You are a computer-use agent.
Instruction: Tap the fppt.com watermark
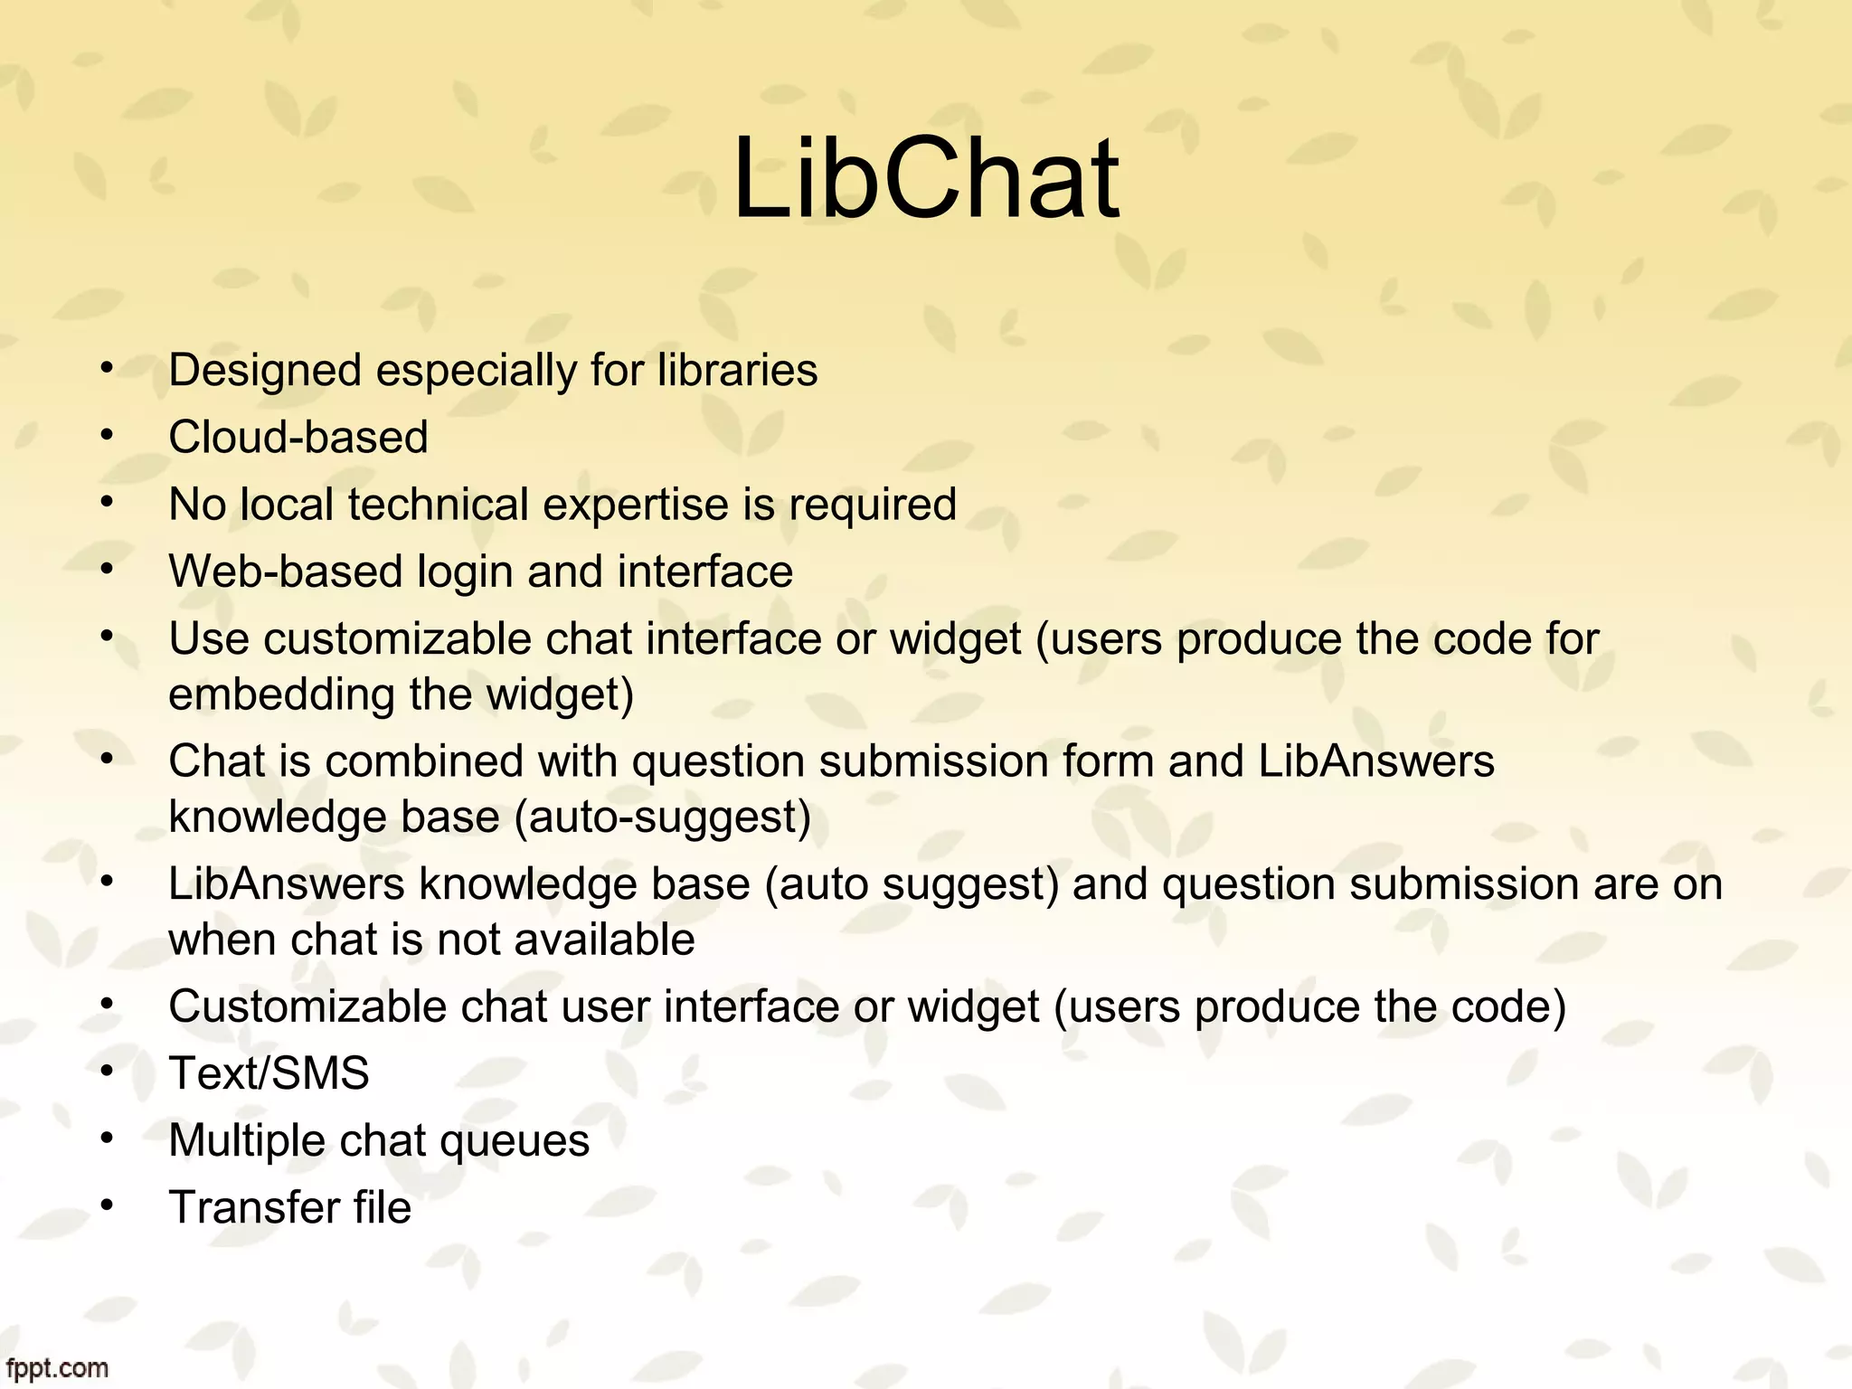click(x=56, y=1367)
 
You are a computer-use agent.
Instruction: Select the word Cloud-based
click(x=298, y=438)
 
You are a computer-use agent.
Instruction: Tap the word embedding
click(x=281, y=694)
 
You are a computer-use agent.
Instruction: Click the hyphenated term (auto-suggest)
click(x=662, y=817)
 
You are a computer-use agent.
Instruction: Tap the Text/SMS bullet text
click(x=269, y=1073)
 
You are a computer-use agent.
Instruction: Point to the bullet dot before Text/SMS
click(x=107, y=1071)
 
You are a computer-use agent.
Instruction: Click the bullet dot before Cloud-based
click(x=107, y=435)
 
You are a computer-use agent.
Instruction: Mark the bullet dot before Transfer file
click(x=107, y=1205)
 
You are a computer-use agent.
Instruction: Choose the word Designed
click(x=265, y=371)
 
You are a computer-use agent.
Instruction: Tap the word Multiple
click(x=247, y=1140)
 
